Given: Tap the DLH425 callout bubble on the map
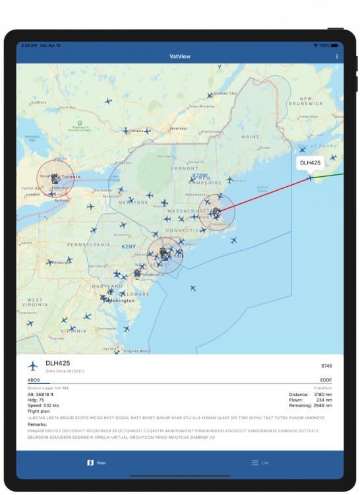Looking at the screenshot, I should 310,162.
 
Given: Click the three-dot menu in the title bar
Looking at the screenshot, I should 337,57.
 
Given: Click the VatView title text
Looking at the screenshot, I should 179,57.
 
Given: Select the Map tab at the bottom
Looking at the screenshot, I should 96,463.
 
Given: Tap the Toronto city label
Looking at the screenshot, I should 71,177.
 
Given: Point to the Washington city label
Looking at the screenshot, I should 122,300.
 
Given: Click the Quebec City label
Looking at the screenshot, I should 225,94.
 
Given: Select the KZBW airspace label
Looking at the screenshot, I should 200,176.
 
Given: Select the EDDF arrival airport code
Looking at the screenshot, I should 326,380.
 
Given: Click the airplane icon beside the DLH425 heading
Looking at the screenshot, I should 33,366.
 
